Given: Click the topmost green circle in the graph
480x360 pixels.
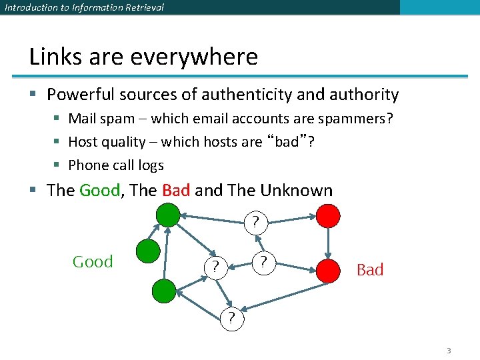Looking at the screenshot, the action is [x=168, y=215].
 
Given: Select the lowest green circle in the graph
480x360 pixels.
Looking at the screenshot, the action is [x=164, y=291].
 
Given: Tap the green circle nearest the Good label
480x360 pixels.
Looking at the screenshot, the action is [x=148, y=251].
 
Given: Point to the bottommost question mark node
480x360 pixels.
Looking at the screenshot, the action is [x=231, y=318].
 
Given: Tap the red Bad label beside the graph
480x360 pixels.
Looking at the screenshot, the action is [x=370, y=270].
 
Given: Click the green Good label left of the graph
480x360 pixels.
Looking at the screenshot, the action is [x=93, y=262].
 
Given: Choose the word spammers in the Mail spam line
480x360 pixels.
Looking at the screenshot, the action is [x=360, y=119].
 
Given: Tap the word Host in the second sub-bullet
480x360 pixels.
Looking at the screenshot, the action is [x=83, y=142].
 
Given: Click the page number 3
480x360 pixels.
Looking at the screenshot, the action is [x=449, y=351].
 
